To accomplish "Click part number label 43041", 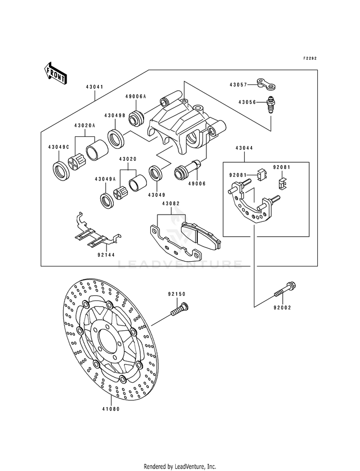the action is coord(94,87).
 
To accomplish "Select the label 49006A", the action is coord(136,97).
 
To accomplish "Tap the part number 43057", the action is coord(239,85).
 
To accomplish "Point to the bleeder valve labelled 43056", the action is coord(271,105).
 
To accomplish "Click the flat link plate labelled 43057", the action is coord(266,84).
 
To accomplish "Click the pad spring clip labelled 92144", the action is coord(96,230).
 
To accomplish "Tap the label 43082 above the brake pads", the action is coord(171,204).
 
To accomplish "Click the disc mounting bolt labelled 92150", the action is coord(179,309).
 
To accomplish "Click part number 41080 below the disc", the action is coord(111,409).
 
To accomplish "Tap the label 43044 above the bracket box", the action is coord(244,148).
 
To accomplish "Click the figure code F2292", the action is coord(309,58).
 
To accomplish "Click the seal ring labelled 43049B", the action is coord(116,138).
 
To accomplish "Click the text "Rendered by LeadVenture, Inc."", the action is coord(180,467).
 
